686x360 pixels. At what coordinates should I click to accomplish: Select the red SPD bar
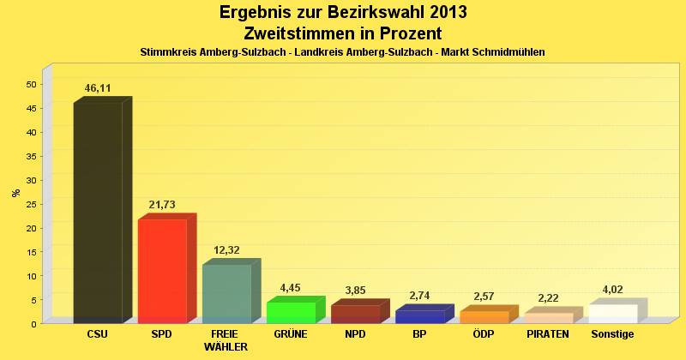click(x=162, y=271)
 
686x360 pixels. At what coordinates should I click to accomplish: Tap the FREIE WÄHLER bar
click(x=226, y=293)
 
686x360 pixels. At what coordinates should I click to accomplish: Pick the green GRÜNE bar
click(x=291, y=312)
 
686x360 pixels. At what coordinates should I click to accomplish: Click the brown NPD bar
click(x=355, y=314)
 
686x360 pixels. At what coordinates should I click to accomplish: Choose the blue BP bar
click(x=419, y=316)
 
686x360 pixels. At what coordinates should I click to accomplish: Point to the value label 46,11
click(x=98, y=87)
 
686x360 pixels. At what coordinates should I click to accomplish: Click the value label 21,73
click(x=162, y=205)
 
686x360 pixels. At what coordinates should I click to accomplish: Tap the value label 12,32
click(x=226, y=249)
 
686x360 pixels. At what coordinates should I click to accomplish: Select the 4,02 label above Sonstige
click(x=612, y=290)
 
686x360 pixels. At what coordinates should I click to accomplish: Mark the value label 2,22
click(x=548, y=298)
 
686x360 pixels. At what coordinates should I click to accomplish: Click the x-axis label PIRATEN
click(x=548, y=334)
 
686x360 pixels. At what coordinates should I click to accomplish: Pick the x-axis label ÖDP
click(x=484, y=334)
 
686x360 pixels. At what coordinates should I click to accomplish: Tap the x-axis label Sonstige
click(x=612, y=334)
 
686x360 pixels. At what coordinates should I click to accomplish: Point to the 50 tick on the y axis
click(x=31, y=84)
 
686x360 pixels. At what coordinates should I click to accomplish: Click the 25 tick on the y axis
click(x=31, y=204)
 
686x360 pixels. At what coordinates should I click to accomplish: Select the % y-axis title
click(x=15, y=193)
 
